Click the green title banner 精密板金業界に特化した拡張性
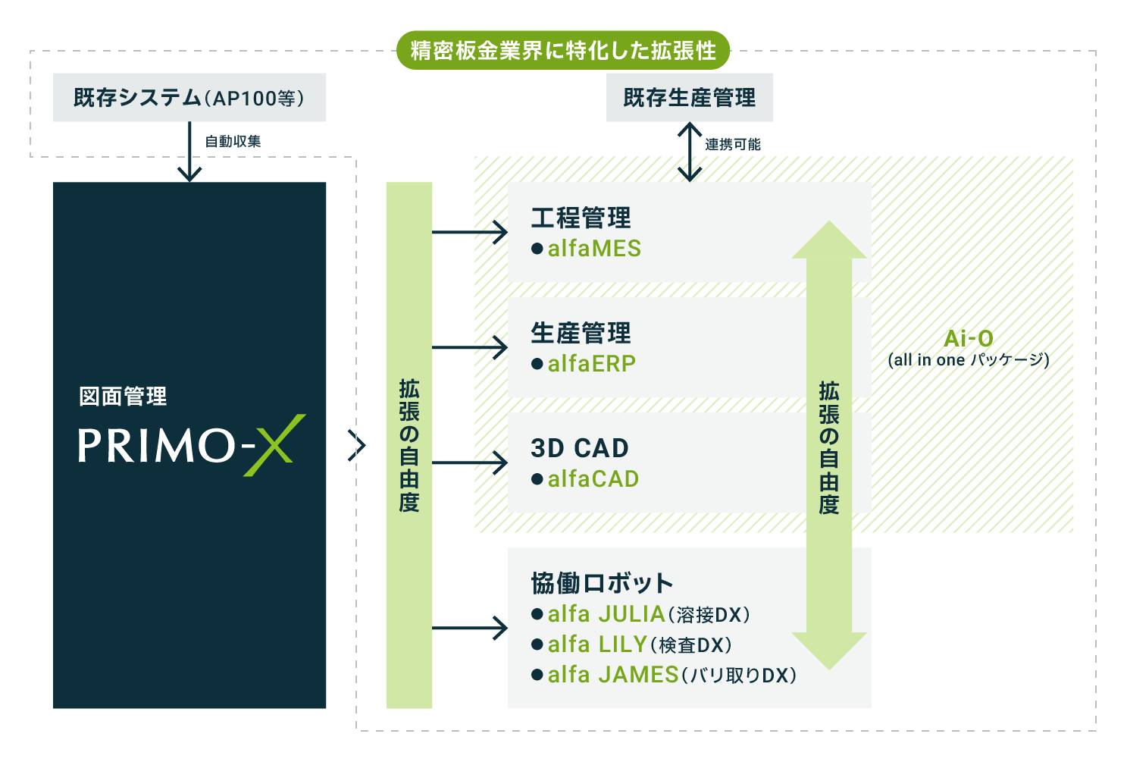[x=563, y=50]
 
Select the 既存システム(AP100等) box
[x=189, y=97]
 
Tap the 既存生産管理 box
[x=689, y=97]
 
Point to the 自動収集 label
[x=233, y=142]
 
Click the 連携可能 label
[x=733, y=145]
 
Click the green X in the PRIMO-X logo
[x=274, y=445]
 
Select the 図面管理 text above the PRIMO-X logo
[x=123, y=396]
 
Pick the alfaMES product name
[x=594, y=249]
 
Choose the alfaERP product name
[x=592, y=363]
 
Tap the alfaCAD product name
[x=593, y=478]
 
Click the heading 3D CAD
[x=580, y=448]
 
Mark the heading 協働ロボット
[x=603, y=583]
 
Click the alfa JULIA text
[x=606, y=614]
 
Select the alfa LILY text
[x=597, y=644]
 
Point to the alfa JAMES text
[x=613, y=674]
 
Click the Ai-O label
[x=969, y=338]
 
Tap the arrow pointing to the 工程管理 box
[x=470, y=232]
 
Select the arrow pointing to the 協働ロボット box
[x=470, y=628]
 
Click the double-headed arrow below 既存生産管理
[x=689, y=152]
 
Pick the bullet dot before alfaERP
[x=537, y=364]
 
